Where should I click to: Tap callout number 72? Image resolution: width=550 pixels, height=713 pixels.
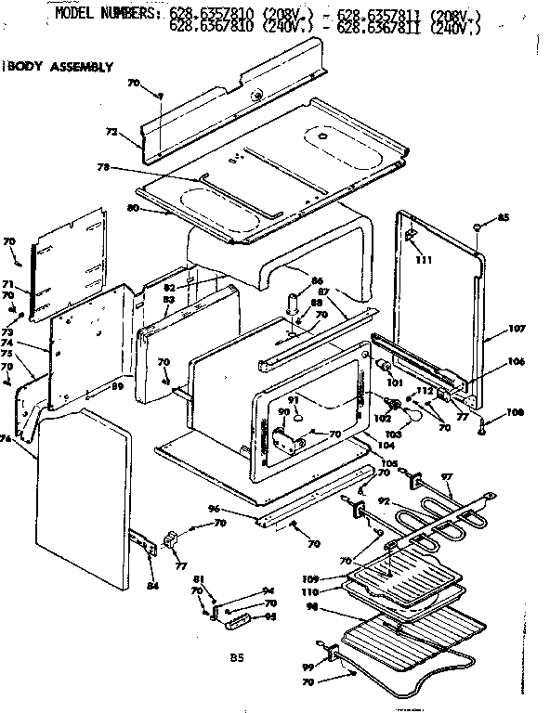click(x=111, y=133)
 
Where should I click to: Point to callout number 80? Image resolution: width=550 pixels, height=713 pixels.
click(x=133, y=208)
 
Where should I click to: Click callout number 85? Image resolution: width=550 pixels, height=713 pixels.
click(x=504, y=218)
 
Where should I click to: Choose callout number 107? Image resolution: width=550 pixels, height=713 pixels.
click(x=517, y=328)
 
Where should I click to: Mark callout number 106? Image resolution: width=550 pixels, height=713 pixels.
click(x=516, y=362)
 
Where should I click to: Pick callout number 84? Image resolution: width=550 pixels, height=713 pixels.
click(x=153, y=585)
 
